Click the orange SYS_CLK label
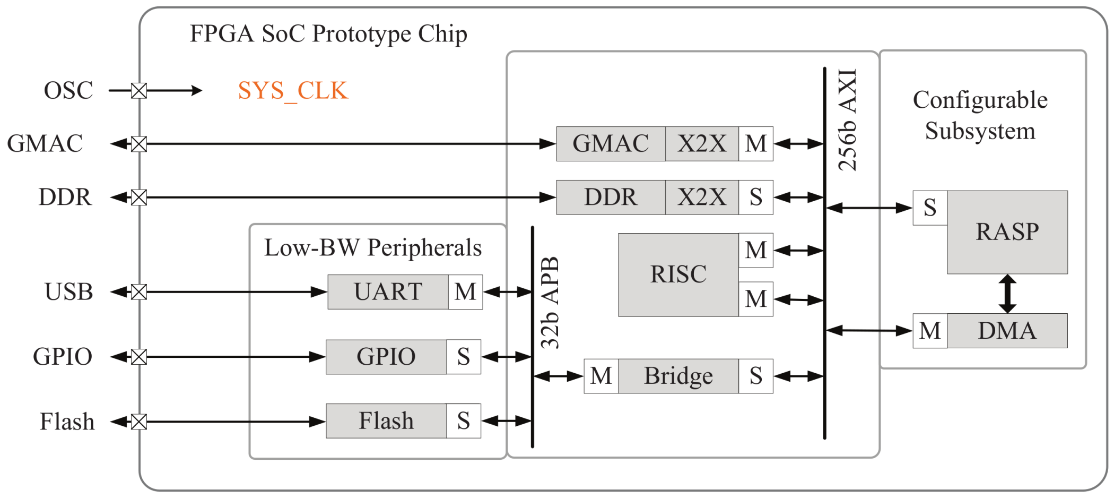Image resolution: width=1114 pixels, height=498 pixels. (293, 91)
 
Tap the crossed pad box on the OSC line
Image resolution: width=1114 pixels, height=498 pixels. (139, 91)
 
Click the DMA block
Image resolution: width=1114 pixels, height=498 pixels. (1007, 331)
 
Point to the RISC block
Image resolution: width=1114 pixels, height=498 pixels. (678, 274)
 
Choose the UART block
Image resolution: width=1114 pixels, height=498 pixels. (388, 292)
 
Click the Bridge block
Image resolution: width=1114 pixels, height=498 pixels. (678, 376)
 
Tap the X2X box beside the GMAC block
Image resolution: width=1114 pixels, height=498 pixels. (701, 144)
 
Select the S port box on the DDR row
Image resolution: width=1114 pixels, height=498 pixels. (755, 198)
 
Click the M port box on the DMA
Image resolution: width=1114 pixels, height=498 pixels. (930, 331)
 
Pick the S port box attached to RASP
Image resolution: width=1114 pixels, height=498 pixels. (930, 208)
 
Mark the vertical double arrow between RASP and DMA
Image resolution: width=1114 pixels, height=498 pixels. (1007, 294)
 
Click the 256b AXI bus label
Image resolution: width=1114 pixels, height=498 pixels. (848, 119)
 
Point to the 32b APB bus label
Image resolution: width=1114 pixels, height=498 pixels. (550, 303)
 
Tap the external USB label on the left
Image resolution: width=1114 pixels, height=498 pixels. (69, 292)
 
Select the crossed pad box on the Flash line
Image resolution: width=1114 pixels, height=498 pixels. (139, 422)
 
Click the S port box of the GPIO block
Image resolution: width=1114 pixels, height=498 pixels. (463, 357)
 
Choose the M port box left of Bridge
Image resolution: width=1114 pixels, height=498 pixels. (601, 376)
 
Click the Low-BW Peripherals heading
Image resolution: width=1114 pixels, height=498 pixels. (373, 248)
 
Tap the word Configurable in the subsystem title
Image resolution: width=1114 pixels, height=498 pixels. (980, 100)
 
